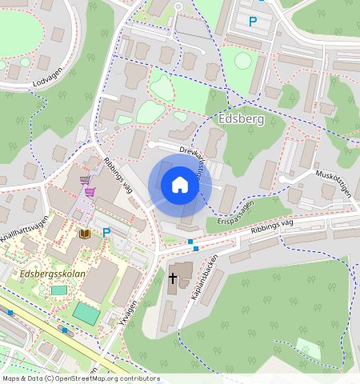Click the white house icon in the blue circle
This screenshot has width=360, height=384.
180,186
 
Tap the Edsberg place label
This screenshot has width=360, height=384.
239,118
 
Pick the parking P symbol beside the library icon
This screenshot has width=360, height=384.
106,233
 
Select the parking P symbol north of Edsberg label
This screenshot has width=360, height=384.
254,22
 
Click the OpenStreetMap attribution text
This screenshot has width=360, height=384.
80,378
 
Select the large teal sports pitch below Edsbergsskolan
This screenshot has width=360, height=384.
87,313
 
